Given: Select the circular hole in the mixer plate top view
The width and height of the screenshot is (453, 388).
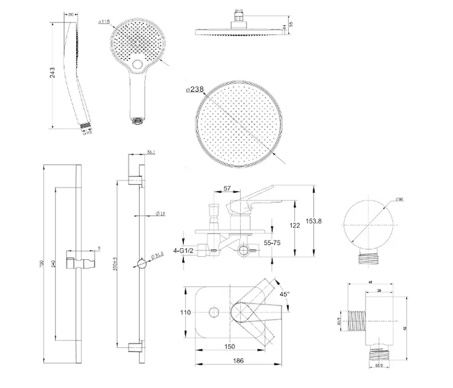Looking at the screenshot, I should [213, 313].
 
